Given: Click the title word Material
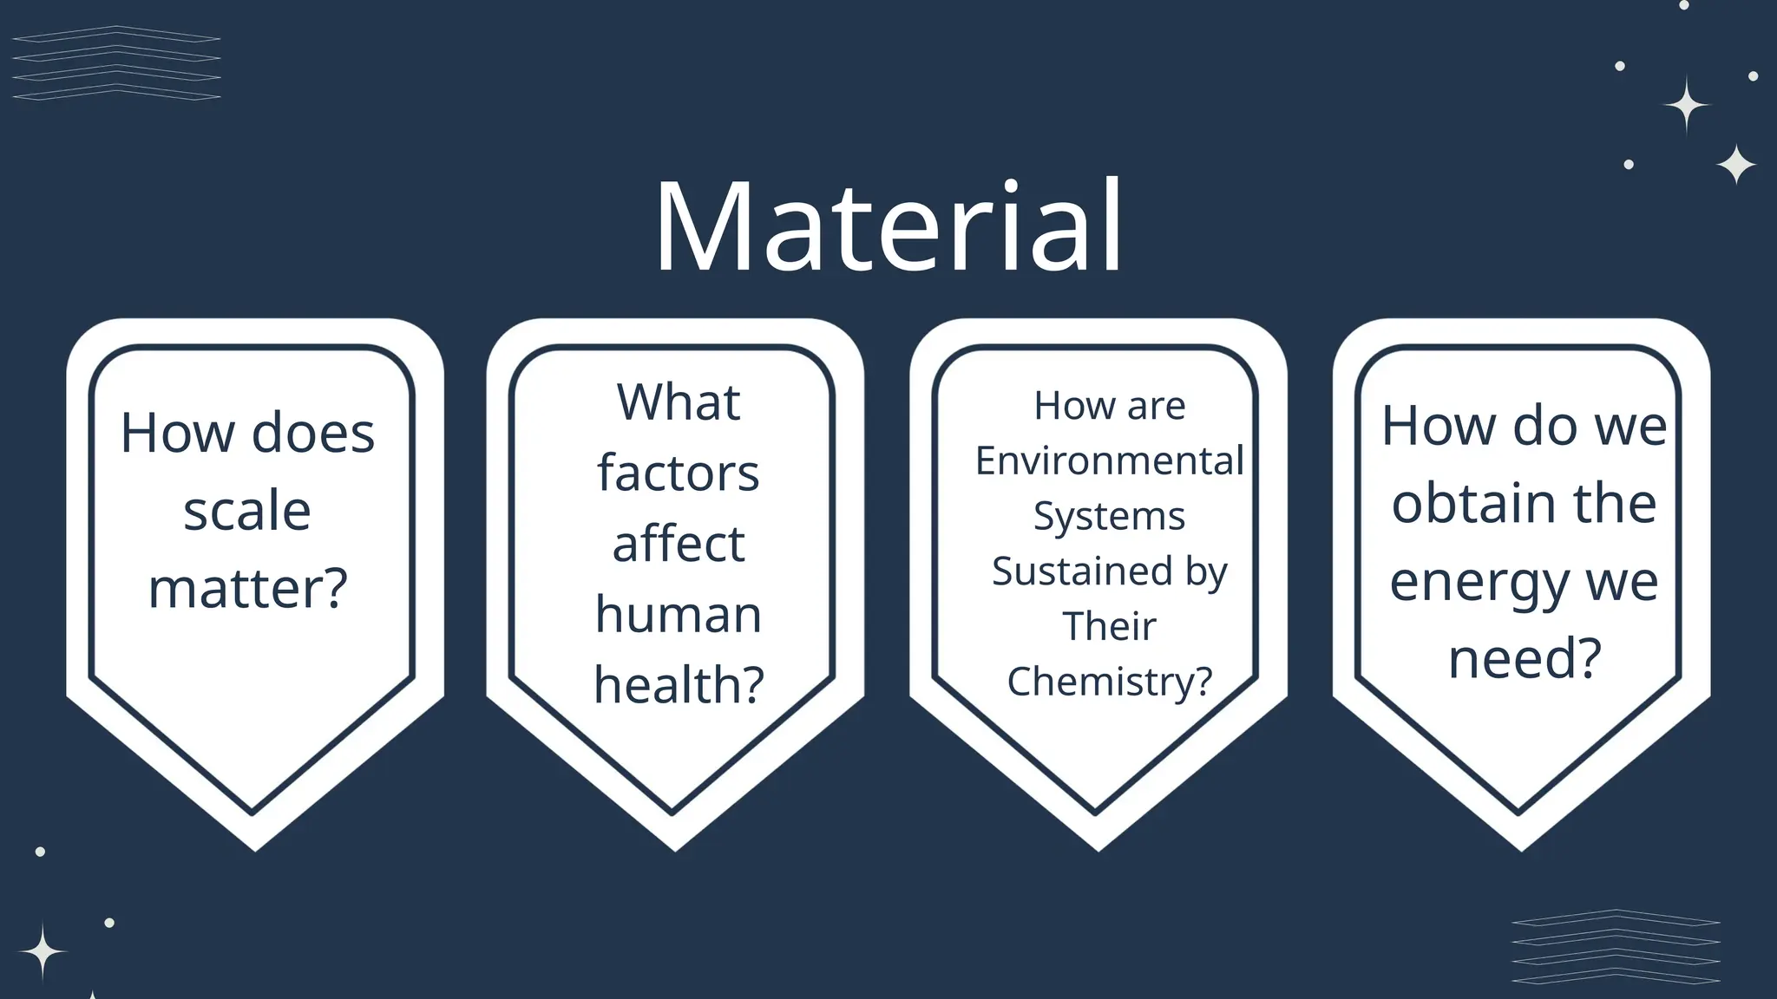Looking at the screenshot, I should (888, 227).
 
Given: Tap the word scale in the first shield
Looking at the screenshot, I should (247, 511).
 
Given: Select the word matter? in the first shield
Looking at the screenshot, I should (248, 589).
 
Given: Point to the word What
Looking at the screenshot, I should (679, 402).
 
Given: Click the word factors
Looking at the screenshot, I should (678, 473).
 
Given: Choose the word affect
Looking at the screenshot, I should (679, 545).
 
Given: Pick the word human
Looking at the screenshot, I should (679, 615).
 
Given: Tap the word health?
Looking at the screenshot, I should (679, 685).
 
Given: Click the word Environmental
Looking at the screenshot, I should (1109, 460).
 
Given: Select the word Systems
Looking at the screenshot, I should (1109, 516).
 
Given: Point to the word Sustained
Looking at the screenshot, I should (1080, 571).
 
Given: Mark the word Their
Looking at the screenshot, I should (1109, 626).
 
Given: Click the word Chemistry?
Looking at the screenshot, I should (1109, 682).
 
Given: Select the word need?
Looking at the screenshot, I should (1525, 658).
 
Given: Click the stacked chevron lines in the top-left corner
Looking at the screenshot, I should (116, 62).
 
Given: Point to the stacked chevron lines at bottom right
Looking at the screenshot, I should (1615, 946).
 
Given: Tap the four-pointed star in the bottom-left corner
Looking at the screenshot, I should (42, 951).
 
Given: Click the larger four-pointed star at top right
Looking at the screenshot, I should (1686, 105).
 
